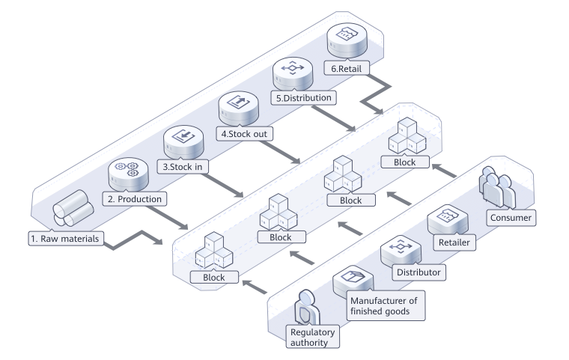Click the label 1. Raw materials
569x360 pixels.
click(x=65, y=240)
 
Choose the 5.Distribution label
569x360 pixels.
click(x=304, y=97)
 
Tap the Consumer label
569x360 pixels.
click(x=510, y=218)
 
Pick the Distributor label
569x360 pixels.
click(x=418, y=272)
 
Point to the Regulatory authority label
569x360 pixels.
click(x=314, y=336)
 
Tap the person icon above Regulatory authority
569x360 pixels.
click(x=308, y=307)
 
